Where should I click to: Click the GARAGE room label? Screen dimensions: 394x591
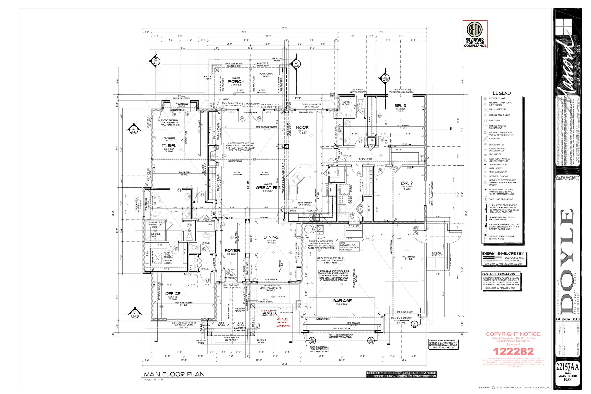(342, 301)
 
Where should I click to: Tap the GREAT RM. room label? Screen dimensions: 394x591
(268, 188)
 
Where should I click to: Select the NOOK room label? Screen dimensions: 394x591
(302, 127)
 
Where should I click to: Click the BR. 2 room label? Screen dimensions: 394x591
(407, 183)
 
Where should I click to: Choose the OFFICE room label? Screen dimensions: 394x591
(173, 294)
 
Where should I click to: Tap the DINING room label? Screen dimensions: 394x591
(271, 237)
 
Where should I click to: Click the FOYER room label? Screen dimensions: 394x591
(232, 251)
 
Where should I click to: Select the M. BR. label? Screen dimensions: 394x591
(169, 146)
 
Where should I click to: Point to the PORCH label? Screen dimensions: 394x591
(236, 82)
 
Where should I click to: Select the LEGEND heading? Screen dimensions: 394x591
(502, 93)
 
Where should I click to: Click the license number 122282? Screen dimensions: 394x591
(513, 351)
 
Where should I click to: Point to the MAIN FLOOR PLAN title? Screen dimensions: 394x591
(174, 374)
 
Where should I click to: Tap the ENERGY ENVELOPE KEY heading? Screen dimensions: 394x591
(503, 254)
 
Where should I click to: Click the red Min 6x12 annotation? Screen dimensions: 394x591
(283, 322)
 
